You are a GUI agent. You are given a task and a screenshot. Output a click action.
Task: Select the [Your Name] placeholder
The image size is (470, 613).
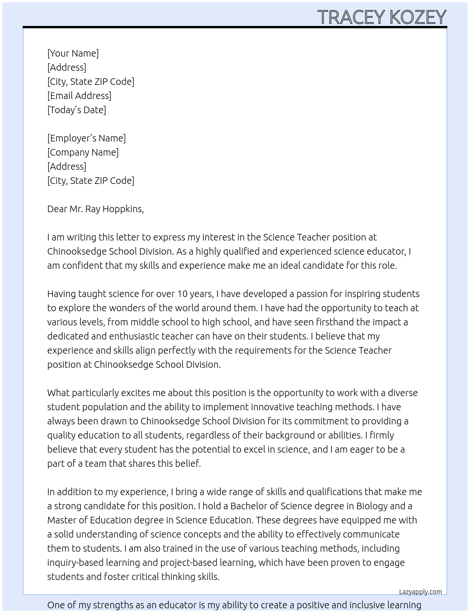click(73, 53)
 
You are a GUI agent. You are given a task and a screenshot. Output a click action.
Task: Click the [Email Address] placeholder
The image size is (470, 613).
click(79, 96)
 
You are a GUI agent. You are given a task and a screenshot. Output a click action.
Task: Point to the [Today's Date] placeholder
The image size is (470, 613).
click(76, 110)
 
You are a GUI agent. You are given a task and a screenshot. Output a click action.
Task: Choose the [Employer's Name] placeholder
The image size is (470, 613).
click(86, 138)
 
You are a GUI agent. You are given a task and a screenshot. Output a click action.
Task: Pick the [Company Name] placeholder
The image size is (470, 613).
click(83, 152)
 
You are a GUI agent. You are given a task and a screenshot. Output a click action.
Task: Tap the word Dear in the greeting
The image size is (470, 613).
click(57, 209)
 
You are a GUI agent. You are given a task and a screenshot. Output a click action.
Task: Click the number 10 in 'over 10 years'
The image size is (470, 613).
click(182, 294)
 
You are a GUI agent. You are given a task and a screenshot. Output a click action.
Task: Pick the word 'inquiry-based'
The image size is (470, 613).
click(75, 563)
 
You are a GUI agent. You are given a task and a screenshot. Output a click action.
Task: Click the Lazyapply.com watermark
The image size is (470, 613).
click(420, 592)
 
